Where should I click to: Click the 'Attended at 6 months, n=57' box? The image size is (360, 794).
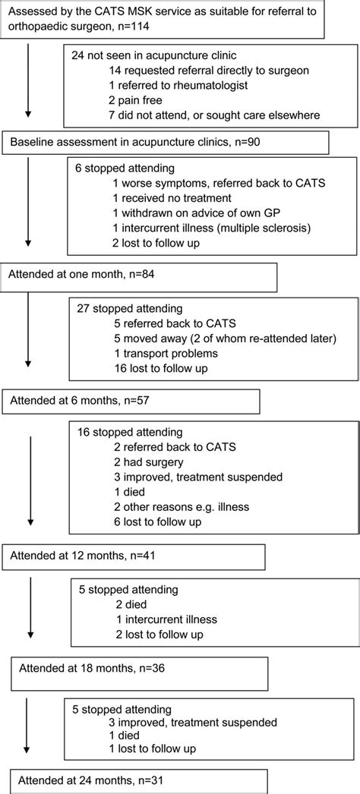pyautogui.click(x=131, y=400)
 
